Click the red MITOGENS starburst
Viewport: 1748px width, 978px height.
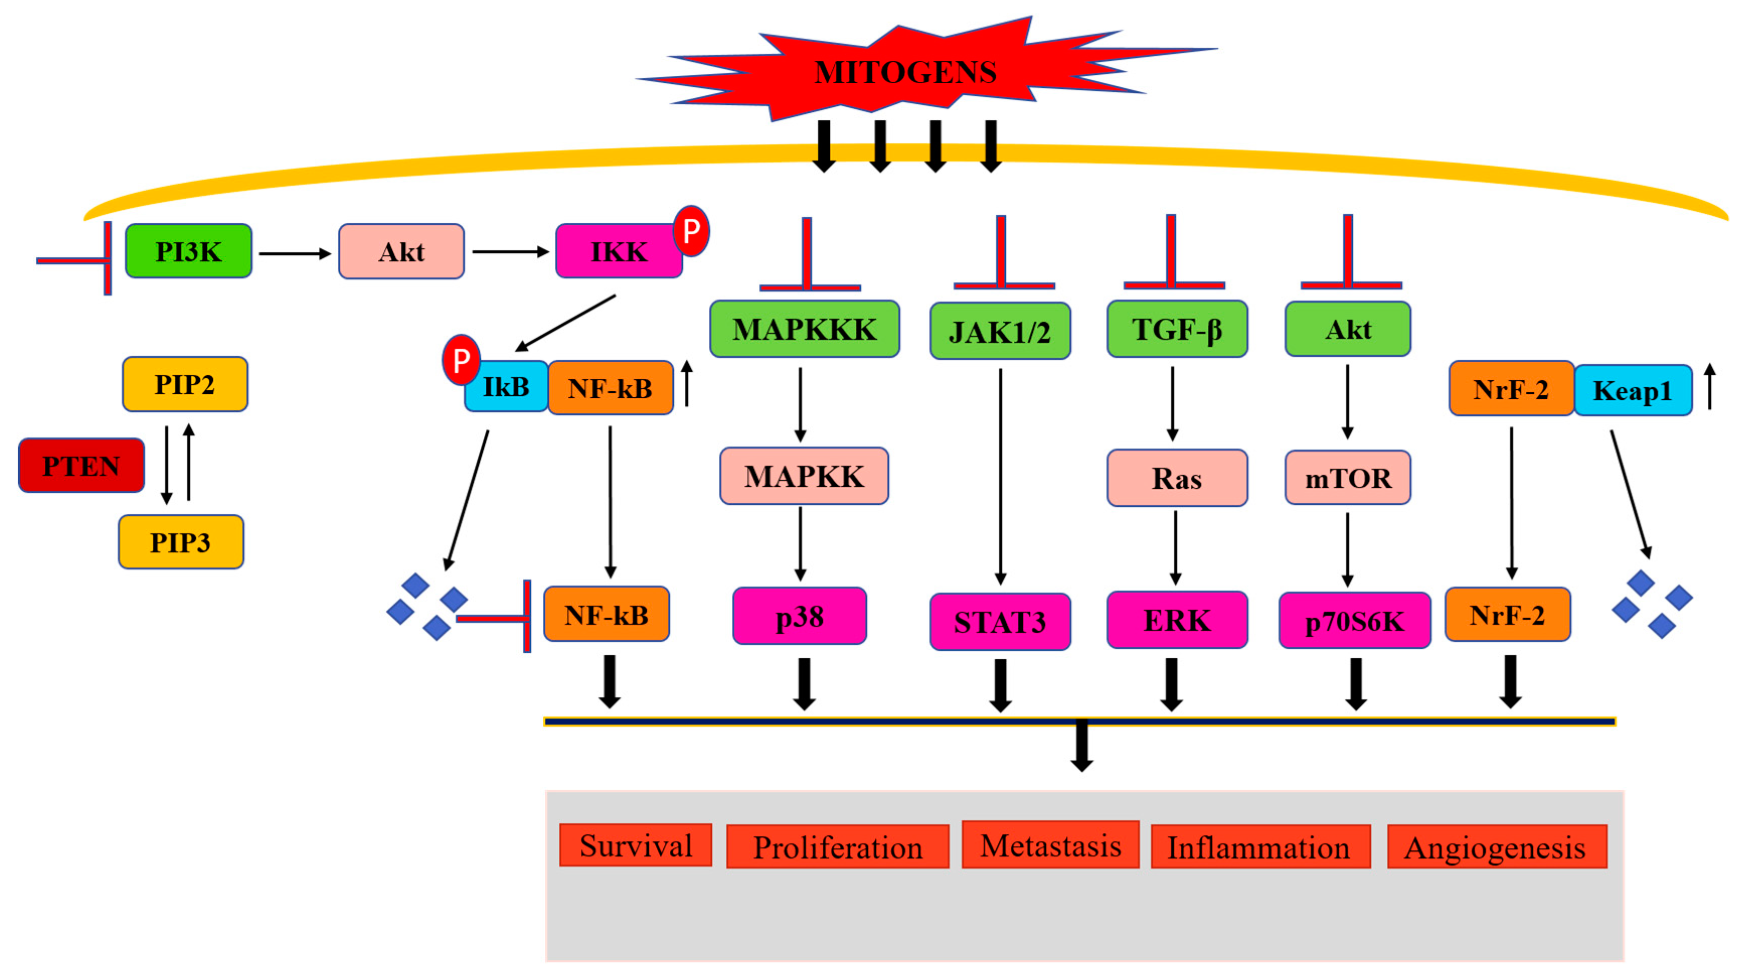(906, 71)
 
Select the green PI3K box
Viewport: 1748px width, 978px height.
(188, 251)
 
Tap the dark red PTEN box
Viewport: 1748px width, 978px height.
(81, 466)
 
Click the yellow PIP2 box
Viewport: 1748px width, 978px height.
(185, 384)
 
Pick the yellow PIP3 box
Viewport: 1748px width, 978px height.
(181, 542)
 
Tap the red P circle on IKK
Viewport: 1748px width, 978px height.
(691, 231)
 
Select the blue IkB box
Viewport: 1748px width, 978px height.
(506, 387)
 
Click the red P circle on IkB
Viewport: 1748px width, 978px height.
(461, 360)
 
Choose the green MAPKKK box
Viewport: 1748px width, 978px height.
(804, 329)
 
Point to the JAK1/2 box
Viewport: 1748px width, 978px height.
(1000, 331)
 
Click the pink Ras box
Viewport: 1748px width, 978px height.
(1177, 478)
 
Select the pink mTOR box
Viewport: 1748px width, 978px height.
(1348, 478)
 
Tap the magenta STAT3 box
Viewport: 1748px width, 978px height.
(1000, 621)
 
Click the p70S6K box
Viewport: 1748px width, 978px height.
(1354, 620)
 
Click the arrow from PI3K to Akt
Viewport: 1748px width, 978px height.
(295, 253)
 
